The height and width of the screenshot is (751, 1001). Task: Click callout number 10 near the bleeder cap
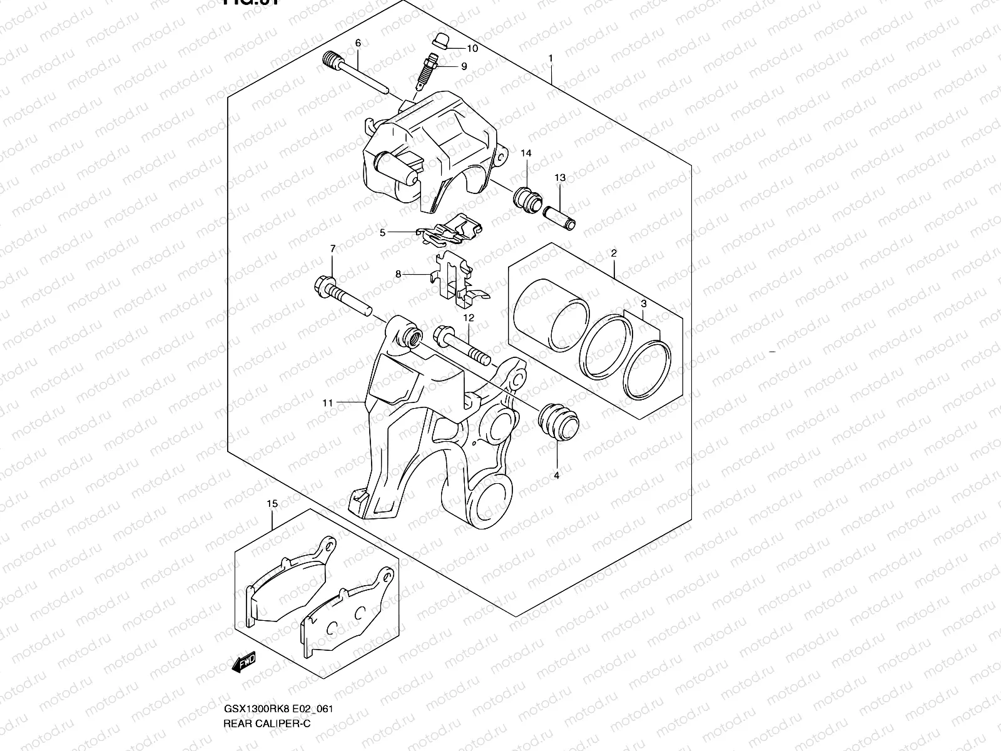click(x=472, y=48)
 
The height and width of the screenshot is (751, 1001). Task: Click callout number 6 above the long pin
click(x=358, y=43)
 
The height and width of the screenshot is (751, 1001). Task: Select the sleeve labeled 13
click(x=560, y=217)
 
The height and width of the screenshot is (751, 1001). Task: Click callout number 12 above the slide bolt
click(x=469, y=318)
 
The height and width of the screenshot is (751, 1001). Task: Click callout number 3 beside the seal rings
click(x=643, y=304)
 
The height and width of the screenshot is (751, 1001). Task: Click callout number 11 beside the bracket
click(x=327, y=403)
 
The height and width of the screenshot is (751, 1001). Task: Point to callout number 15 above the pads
click(x=272, y=503)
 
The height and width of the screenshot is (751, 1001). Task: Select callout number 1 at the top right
click(x=551, y=58)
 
